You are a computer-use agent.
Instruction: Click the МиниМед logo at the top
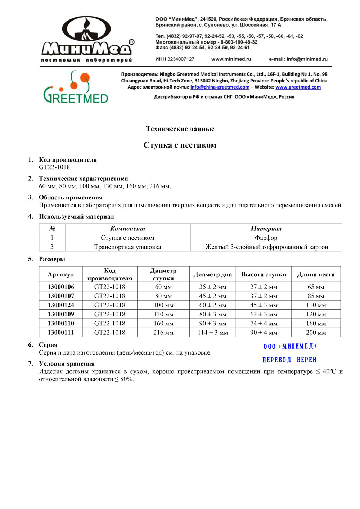(x=87, y=39)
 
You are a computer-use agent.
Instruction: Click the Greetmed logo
(x=76, y=87)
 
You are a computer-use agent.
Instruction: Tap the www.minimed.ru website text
(x=231, y=59)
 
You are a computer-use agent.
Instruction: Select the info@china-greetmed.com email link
(x=220, y=87)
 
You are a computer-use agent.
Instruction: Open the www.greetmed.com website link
(x=298, y=87)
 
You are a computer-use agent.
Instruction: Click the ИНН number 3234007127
(x=181, y=59)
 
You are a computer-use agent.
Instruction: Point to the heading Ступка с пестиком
(x=180, y=145)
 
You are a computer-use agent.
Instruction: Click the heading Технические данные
(x=180, y=129)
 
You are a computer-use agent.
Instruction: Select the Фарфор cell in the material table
(x=266, y=238)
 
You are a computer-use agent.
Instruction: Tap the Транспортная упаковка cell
(x=127, y=247)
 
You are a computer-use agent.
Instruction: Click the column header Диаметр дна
(x=212, y=275)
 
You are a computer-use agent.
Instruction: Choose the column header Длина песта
(x=316, y=275)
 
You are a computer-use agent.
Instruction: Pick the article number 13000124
(x=61, y=305)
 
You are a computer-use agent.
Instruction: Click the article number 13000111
(x=61, y=333)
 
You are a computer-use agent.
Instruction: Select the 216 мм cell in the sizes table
(x=163, y=333)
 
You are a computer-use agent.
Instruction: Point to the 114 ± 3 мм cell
(x=212, y=333)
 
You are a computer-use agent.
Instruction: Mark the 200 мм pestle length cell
(x=316, y=333)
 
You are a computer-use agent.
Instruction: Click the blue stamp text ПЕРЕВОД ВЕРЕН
(x=289, y=360)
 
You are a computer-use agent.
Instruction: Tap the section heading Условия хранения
(x=67, y=364)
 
